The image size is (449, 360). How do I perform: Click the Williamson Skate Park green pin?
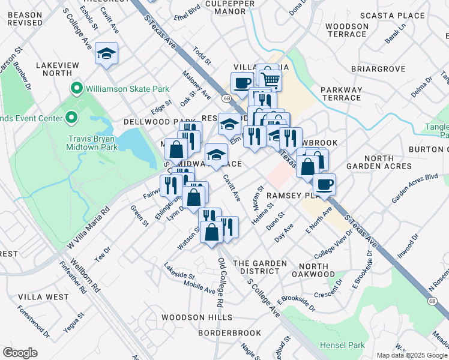(x=76, y=89)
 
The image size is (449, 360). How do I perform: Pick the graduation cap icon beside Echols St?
(x=106, y=54)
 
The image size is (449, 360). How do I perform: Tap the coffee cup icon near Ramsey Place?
(x=324, y=185)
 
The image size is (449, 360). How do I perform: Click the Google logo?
(x=20, y=353)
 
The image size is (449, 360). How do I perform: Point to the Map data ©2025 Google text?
(x=412, y=355)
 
